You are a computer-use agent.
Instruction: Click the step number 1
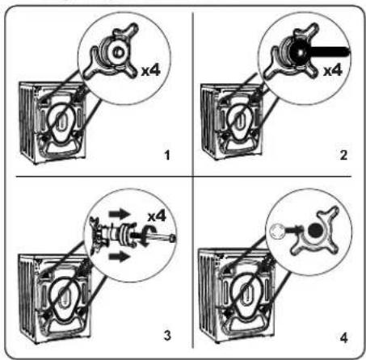(x=167, y=155)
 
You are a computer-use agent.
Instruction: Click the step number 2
(x=343, y=155)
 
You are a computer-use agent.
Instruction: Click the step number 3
(x=167, y=336)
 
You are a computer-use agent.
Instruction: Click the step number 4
(x=344, y=337)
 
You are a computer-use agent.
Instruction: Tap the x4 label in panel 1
(x=151, y=70)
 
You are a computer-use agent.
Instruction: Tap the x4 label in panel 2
(x=333, y=70)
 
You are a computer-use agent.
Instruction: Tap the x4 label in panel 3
(x=157, y=216)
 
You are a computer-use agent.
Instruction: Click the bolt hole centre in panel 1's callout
(x=118, y=52)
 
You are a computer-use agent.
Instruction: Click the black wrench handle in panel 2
(x=330, y=52)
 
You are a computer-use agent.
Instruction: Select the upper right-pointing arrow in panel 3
(x=120, y=214)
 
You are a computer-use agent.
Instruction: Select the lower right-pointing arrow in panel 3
(x=120, y=257)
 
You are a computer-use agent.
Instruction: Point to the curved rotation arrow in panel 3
(x=148, y=236)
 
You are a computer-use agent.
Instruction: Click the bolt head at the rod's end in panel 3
(x=173, y=238)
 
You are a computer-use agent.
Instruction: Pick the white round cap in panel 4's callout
(x=276, y=232)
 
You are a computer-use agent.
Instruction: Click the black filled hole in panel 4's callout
(x=315, y=231)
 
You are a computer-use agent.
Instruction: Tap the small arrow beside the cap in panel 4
(x=293, y=230)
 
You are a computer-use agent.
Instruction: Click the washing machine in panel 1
(x=53, y=123)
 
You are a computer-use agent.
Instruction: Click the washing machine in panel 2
(x=232, y=122)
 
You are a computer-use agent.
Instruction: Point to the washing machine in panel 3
(x=54, y=298)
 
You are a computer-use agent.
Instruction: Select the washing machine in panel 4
(x=237, y=295)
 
